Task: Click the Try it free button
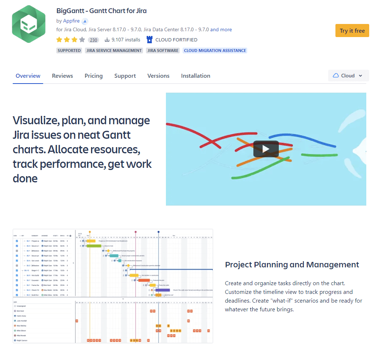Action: click(352, 31)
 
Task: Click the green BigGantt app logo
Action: click(29, 24)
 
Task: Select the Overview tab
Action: click(28, 76)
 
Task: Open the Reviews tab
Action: click(62, 76)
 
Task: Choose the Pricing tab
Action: click(94, 76)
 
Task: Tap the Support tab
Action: click(125, 76)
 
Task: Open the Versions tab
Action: click(158, 76)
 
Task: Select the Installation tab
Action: click(196, 76)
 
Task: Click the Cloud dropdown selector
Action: click(348, 76)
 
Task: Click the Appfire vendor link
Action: click(71, 21)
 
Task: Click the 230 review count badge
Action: click(94, 40)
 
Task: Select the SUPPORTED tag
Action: click(69, 50)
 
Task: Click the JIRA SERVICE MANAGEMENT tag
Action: click(114, 50)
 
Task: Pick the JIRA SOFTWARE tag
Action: click(163, 50)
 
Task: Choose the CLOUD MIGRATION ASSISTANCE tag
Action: click(215, 50)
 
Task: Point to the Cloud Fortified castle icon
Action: click(149, 40)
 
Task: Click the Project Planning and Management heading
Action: click(292, 264)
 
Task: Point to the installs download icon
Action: click(107, 40)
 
